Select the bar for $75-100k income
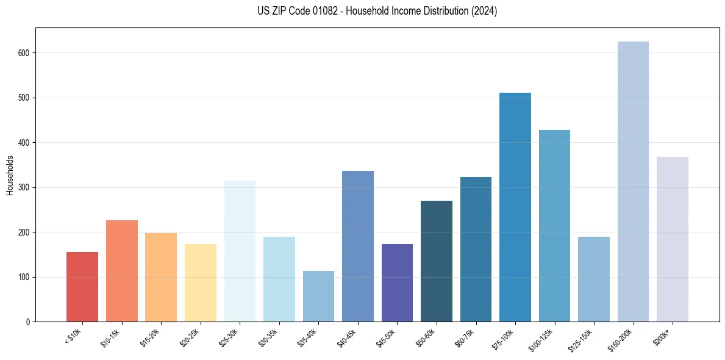(515, 207)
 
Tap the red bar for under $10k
(82, 287)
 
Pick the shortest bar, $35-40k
(318, 296)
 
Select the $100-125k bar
(554, 226)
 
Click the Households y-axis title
(10, 175)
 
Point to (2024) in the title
(484, 11)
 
